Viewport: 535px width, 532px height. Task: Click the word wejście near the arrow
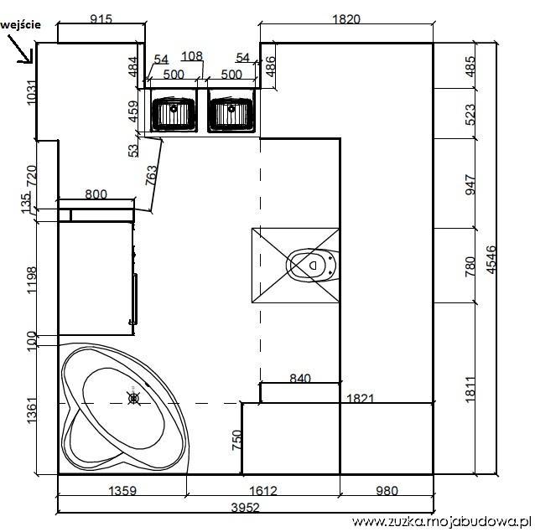click(21, 24)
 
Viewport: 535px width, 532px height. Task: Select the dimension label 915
click(101, 18)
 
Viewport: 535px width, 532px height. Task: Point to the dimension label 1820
click(346, 18)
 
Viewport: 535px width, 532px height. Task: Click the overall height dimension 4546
click(491, 260)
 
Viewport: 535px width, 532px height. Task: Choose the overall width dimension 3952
click(246, 508)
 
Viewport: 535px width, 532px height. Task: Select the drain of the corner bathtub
click(133, 398)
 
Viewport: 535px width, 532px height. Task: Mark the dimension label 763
click(151, 175)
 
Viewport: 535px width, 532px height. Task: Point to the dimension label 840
click(300, 378)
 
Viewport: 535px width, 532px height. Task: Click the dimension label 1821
click(361, 398)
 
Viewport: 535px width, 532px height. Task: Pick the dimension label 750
click(236, 440)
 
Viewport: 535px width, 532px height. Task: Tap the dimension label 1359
click(122, 491)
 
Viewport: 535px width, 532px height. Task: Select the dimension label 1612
click(263, 491)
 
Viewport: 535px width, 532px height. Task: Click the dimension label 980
click(387, 491)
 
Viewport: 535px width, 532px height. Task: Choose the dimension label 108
click(192, 56)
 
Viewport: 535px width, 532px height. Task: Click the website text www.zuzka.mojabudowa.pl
click(442, 521)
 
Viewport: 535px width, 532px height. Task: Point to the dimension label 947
click(470, 184)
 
